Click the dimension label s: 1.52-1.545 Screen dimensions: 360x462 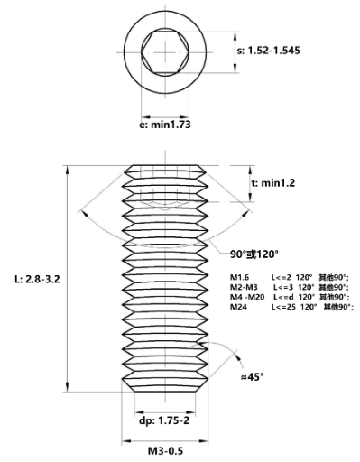click(269, 51)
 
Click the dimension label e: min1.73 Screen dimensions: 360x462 click(165, 125)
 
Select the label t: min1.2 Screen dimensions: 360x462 click(273, 183)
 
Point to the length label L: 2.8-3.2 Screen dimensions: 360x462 click(37, 280)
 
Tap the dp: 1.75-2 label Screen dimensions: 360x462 click(164, 420)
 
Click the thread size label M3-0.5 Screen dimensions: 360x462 click(165, 451)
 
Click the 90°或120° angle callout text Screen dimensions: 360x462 click(254, 254)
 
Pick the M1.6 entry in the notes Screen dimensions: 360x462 click(240, 277)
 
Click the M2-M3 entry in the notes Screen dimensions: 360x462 click(244, 287)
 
